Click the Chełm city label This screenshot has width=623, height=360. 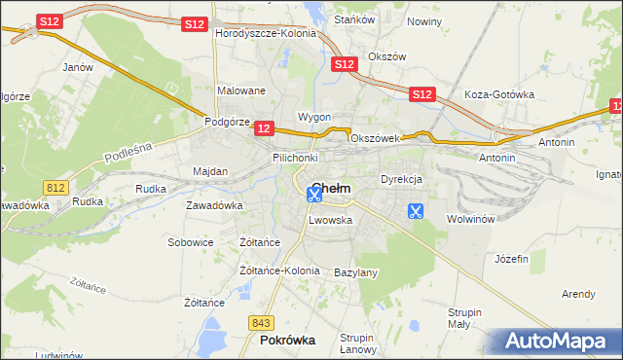331,188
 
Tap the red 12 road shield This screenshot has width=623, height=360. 263,127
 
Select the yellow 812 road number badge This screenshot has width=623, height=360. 55,186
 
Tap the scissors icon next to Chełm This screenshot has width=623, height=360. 314,195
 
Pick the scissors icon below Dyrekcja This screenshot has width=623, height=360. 416,210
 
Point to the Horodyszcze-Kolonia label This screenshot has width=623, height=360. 266,33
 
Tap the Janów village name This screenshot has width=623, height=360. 77,67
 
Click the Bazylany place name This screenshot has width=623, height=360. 355,272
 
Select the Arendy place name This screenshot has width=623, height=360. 578,293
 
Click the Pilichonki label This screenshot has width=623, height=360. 295,157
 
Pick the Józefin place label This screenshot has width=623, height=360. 511,259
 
